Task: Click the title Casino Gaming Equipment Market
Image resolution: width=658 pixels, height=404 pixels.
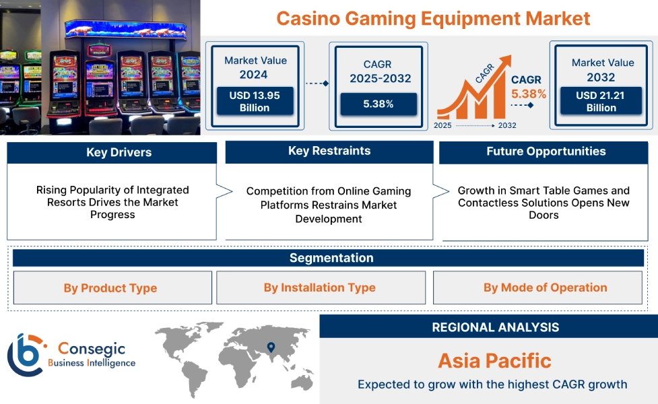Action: [433, 18]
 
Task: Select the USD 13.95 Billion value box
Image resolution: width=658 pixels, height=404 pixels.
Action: [255, 102]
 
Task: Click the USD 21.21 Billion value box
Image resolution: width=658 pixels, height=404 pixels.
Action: [601, 102]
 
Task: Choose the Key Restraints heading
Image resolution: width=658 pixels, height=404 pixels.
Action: [329, 151]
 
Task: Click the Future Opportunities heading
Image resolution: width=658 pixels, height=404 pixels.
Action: [546, 151]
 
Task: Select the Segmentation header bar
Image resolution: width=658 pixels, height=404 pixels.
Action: [331, 258]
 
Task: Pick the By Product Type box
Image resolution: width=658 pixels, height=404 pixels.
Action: [110, 288]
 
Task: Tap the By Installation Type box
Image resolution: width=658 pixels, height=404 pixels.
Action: [320, 288]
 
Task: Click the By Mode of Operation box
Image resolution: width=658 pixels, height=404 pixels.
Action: [545, 288]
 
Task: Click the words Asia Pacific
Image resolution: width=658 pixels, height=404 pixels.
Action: [494, 360]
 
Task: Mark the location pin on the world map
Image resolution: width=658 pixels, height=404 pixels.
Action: [271, 347]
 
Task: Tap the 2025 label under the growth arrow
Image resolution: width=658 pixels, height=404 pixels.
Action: [442, 125]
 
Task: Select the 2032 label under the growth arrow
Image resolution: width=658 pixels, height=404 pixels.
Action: [506, 125]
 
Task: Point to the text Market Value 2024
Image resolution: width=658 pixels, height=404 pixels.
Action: [255, 67]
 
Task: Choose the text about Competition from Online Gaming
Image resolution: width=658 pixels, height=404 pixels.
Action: [329, 205]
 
